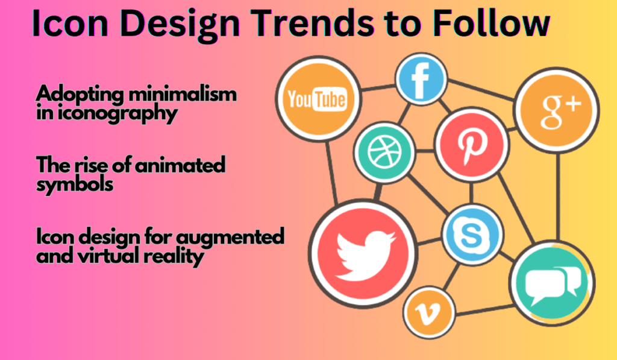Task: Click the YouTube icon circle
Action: (x=318, y=98)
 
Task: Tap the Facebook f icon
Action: (x=421, y=79)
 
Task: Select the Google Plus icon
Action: (x=557, y=110)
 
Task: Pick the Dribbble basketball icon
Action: (x=384, y=153)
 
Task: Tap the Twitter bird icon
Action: (x=363, y=253)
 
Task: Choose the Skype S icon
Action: (x=472, y=235)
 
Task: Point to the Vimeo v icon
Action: (x=428, y=312)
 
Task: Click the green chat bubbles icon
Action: (x=552, y=283)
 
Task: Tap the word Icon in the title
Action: (x=70, y=23)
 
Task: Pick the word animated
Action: (x=180, y=165)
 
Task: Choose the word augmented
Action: (x=230, y=237)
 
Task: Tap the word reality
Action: (x=174, y=257)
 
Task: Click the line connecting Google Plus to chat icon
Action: (x=557, y=197)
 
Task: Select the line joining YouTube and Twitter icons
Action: (x=332, y=173)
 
